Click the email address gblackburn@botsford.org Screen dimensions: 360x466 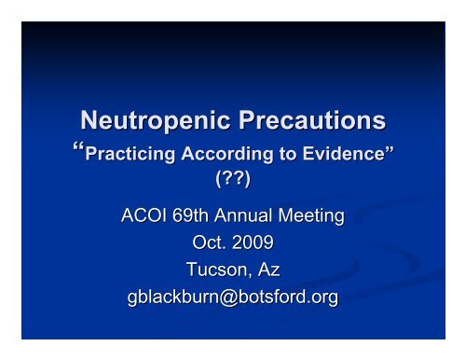[233, 296]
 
